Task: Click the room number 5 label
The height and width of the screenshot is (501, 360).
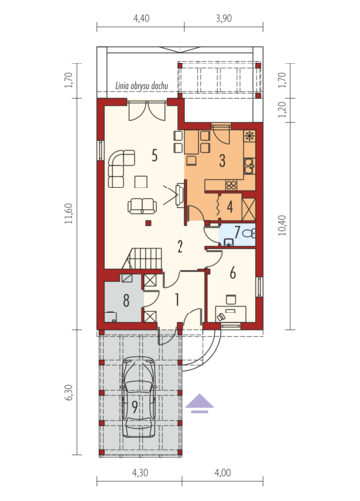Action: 154,155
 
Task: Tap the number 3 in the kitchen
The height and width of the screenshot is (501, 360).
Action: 222,161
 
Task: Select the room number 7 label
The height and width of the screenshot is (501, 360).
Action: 237,232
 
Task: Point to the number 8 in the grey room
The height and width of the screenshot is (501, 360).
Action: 126,301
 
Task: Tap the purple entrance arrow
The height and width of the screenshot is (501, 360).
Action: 199,403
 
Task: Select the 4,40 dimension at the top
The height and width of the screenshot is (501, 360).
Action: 141,18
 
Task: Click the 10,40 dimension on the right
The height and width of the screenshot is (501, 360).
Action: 281,225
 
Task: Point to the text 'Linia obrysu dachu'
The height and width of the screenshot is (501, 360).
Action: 141,86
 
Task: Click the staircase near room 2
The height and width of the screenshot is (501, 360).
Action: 142,258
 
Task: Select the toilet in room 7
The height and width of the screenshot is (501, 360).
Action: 249,233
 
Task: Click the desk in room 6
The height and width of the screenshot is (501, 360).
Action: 231,313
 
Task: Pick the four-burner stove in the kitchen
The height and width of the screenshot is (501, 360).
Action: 231,186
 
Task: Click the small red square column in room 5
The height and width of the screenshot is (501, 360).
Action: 149,223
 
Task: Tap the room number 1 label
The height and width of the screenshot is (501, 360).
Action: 177,300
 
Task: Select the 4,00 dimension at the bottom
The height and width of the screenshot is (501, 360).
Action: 223,473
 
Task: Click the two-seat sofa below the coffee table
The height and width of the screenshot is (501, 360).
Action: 142,206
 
